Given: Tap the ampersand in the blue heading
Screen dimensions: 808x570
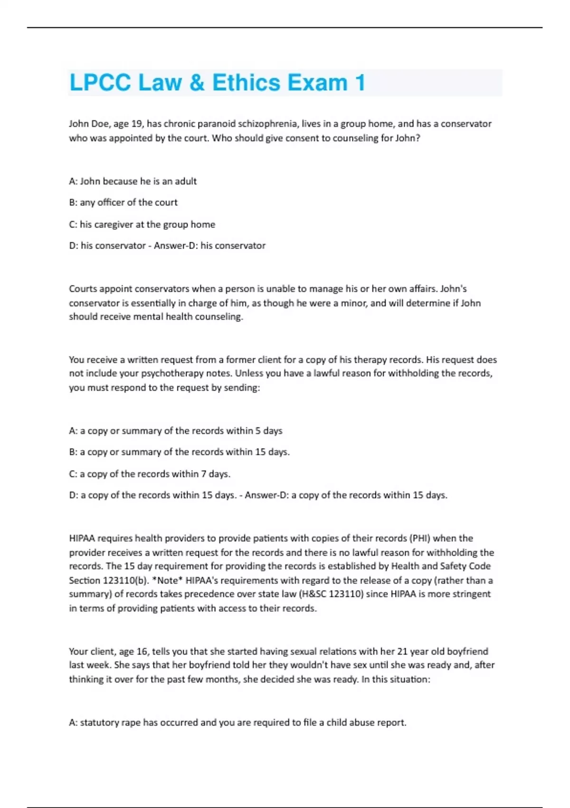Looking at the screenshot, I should point(197,83).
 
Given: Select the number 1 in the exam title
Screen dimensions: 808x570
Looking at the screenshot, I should point(360,83).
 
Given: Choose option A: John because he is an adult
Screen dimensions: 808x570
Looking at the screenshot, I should point(133,181).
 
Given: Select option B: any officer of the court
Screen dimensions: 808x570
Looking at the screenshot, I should point(123,202).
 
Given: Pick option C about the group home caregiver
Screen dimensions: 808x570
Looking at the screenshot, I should point(142,224).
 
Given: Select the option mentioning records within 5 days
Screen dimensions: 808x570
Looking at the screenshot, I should point(175,431).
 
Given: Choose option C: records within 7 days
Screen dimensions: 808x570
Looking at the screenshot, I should point(150,474).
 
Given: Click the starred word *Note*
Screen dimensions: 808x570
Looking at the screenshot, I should point(167,580).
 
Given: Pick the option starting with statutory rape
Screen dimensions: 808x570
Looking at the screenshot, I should point(237,723).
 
